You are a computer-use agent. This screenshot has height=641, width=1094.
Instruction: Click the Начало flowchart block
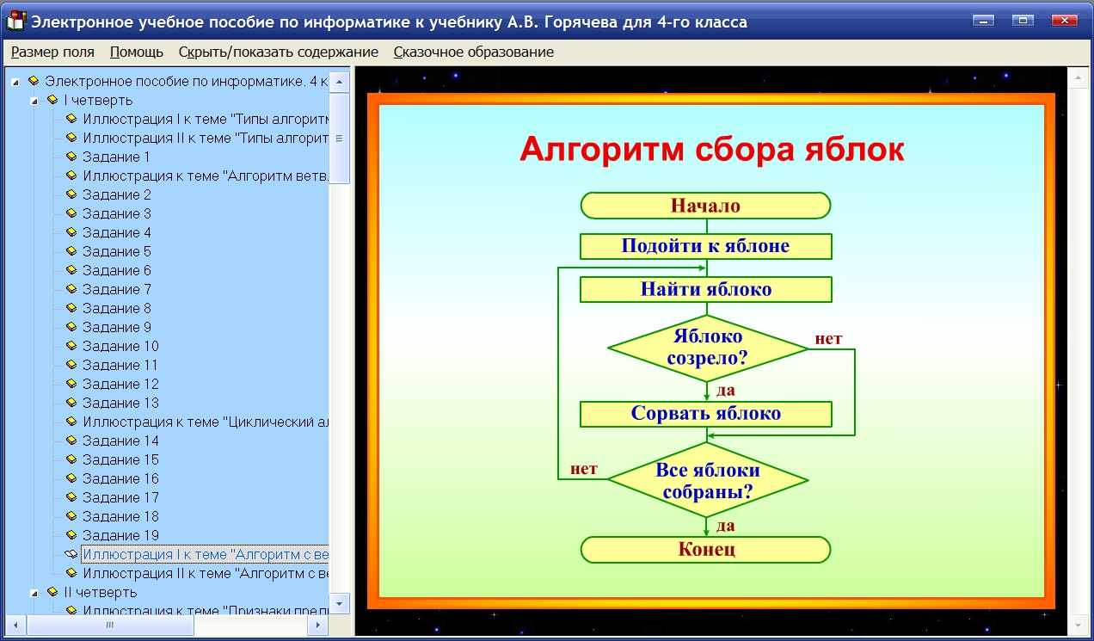(706, 206)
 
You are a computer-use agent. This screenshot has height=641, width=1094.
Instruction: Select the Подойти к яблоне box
(706, 246)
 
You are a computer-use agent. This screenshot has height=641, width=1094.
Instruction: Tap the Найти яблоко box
(706, 290)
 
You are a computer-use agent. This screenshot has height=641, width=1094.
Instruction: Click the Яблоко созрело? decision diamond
(708, 348)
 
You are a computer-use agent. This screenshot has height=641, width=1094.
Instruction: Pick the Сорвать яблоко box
(706, 415)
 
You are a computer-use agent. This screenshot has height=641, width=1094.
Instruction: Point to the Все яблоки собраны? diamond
(708, 480)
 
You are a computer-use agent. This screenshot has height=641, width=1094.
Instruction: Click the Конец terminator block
(706, 550)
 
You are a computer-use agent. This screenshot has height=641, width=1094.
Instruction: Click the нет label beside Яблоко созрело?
(828, 339)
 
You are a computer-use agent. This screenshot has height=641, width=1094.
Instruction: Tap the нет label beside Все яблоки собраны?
(584, 469)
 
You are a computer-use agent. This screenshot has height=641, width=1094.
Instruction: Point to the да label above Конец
(726, 526)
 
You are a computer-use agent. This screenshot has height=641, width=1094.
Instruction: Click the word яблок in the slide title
(855, 149)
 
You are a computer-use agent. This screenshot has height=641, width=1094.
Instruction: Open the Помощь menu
(136, 52)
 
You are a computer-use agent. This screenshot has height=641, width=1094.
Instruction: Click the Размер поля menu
(52, 52)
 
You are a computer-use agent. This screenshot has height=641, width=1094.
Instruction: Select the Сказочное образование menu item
(474, 52)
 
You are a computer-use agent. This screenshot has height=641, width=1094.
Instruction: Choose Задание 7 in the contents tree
(117, 289)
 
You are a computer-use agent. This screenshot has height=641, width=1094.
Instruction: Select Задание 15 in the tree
(120, 459)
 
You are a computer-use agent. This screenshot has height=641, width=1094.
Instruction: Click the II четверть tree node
(100, 592)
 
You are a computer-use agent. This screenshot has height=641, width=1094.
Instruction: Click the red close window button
(1064, 21)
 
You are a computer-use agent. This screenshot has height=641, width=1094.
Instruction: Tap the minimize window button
(983, 21)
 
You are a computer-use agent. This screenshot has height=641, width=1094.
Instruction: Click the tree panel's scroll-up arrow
(340, 82)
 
